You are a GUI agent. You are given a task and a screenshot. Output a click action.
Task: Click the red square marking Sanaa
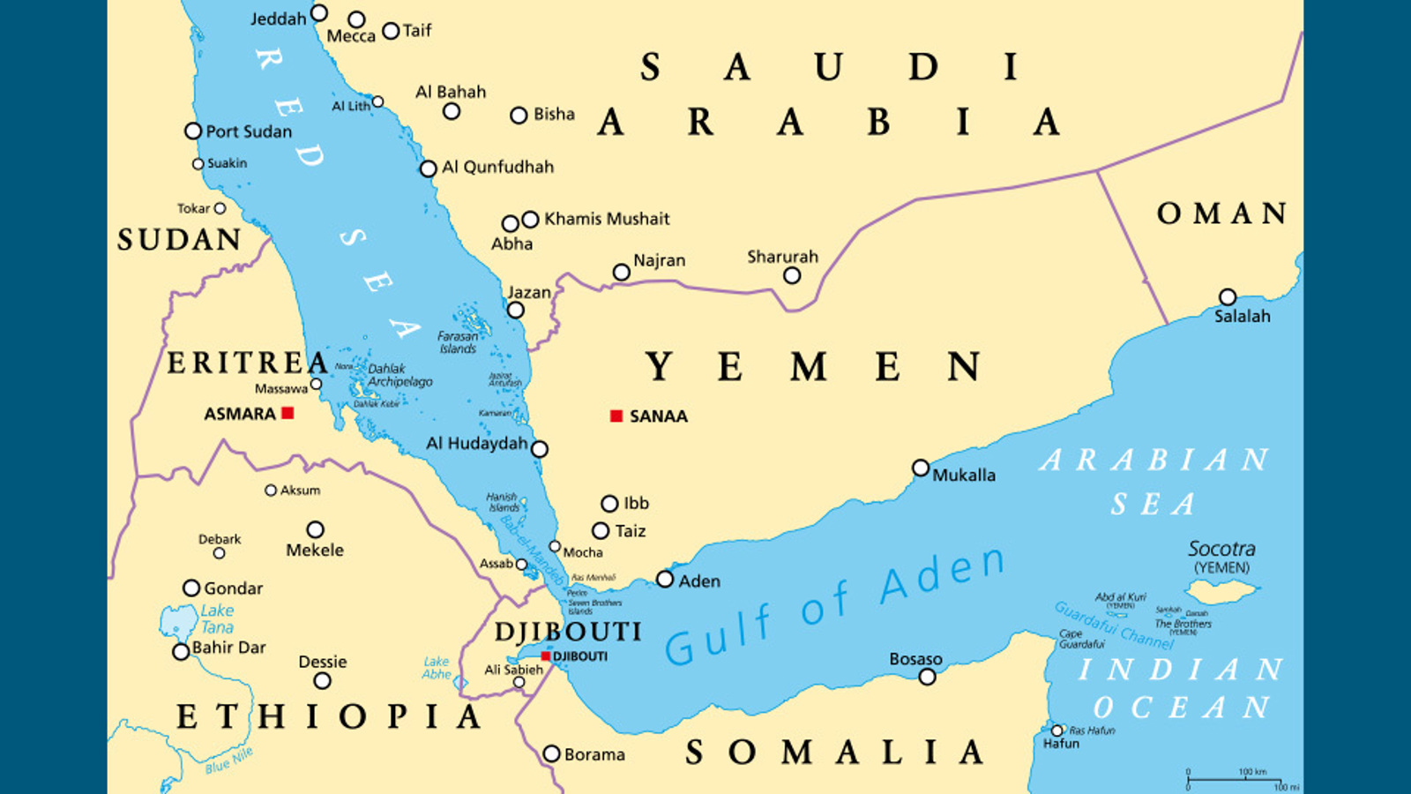pos(616,416)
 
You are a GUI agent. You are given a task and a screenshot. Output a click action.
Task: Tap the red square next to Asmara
pos(287,413)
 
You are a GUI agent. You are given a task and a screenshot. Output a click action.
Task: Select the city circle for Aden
pos(665,580)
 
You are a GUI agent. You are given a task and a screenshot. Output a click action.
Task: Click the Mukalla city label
pos(964,475)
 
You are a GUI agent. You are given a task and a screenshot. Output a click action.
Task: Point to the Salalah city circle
pos(1228,297)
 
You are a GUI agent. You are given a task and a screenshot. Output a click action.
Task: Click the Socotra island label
pos(1221,549)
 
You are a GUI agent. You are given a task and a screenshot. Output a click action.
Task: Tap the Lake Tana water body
pos(178,623)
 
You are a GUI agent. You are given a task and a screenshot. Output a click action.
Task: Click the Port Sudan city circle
pos(193,131)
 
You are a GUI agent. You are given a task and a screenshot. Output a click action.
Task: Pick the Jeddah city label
pos(278,19)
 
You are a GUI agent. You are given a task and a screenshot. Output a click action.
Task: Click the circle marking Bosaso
pos(927,677)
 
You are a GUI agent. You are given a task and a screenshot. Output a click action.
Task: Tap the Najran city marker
pos(621,273)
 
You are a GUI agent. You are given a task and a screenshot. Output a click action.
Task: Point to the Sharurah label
pos(782,257)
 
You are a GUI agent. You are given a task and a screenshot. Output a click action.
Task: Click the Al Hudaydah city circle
pos(540,449)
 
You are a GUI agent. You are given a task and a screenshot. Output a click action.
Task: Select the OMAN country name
pos(1221,213)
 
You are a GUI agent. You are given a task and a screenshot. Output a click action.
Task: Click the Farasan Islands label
pos(458,342)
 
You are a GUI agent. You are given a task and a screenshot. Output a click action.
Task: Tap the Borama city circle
pos(551,753)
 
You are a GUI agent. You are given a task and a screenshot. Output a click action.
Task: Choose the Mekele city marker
pos(315,529)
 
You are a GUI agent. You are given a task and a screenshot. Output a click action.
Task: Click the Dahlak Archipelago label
pos(400,375)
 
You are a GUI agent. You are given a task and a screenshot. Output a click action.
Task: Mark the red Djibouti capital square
pos(546,656)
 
